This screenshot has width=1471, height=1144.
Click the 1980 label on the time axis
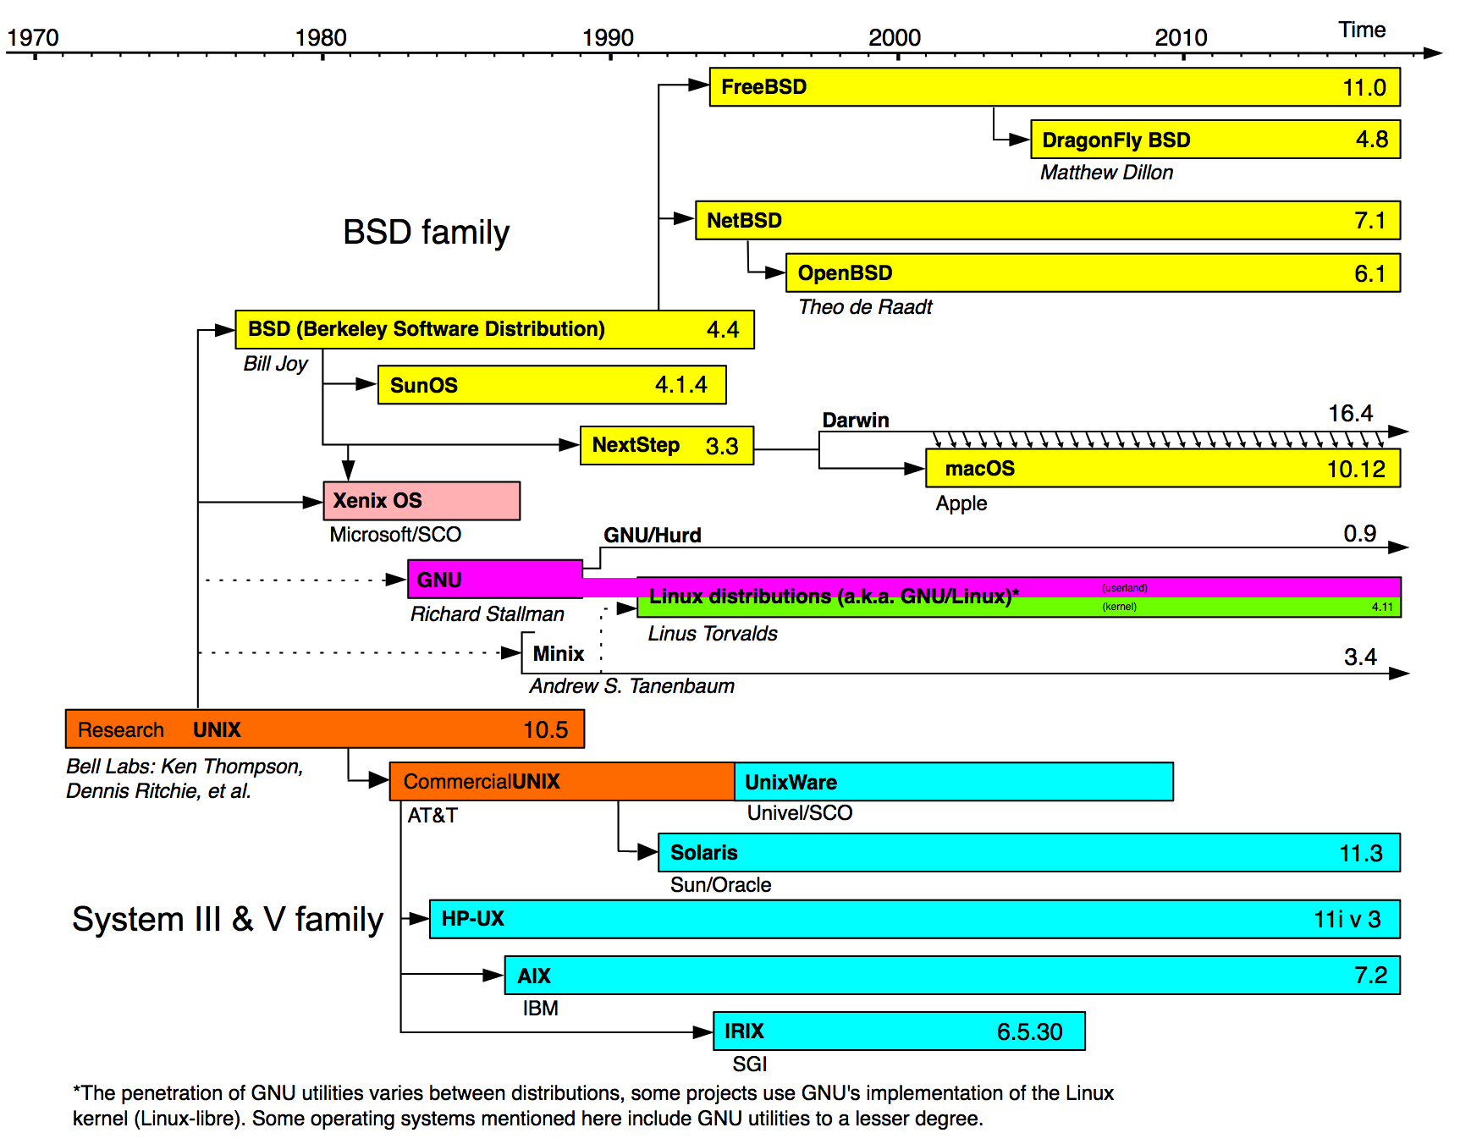tap(321, 38)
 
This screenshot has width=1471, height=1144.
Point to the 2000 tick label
tap(895, 38)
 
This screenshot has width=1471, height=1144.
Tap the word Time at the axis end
tap(1362, 30)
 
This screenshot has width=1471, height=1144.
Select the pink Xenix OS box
tap(421, 501)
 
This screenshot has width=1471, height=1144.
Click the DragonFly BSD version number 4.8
tap(1371, 140)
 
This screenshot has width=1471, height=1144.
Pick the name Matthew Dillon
tap(1106, 173)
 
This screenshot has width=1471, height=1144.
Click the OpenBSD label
tap(845, 273)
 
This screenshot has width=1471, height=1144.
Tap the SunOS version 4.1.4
tap(680, 385)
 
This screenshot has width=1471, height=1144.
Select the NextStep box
tap(666, 445)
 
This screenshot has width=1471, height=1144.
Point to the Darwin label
tap(856, 421)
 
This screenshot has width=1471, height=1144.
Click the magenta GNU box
tap(494, 580)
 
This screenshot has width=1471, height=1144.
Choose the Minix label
tap(559, 654)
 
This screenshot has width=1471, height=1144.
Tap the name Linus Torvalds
tap(713, 634)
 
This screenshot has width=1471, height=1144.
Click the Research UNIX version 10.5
tap(545, 730)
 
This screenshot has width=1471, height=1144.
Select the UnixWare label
tap(791, 783)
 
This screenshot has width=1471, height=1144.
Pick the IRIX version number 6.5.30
tap(1029, 1032)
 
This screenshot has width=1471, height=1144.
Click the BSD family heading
tap(426, 233)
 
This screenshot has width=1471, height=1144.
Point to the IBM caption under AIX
tap(540, 1009)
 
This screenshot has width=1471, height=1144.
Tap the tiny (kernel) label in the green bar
tap(1119, 607)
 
